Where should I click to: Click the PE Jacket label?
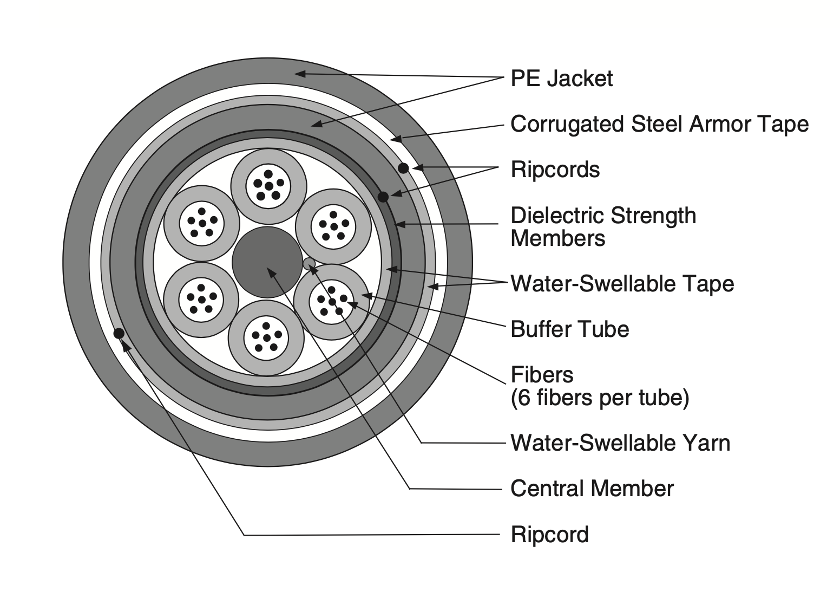point(561,79)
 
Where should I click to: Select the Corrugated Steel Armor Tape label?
point(659,124)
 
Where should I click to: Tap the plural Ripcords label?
point(555,170)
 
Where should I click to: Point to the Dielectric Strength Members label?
point(603,227)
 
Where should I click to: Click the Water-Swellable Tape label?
point(622,284)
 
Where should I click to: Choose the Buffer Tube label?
point(569,329)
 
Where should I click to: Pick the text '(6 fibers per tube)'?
point(600,398)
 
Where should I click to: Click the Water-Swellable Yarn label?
point(620,443)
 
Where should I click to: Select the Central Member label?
point(592,489)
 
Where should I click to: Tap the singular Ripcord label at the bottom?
point(549,535)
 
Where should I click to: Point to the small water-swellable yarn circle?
point(309,264)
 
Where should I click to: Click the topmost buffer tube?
point(268,186)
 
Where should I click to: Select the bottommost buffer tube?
point(266,338)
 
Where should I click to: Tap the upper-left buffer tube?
point(202,223)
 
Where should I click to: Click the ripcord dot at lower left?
point(119,333)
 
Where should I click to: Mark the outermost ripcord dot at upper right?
point(403,168)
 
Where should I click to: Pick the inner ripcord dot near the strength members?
point(383,196)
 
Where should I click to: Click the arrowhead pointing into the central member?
point(271,271)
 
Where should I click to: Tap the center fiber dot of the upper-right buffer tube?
point(333,226)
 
